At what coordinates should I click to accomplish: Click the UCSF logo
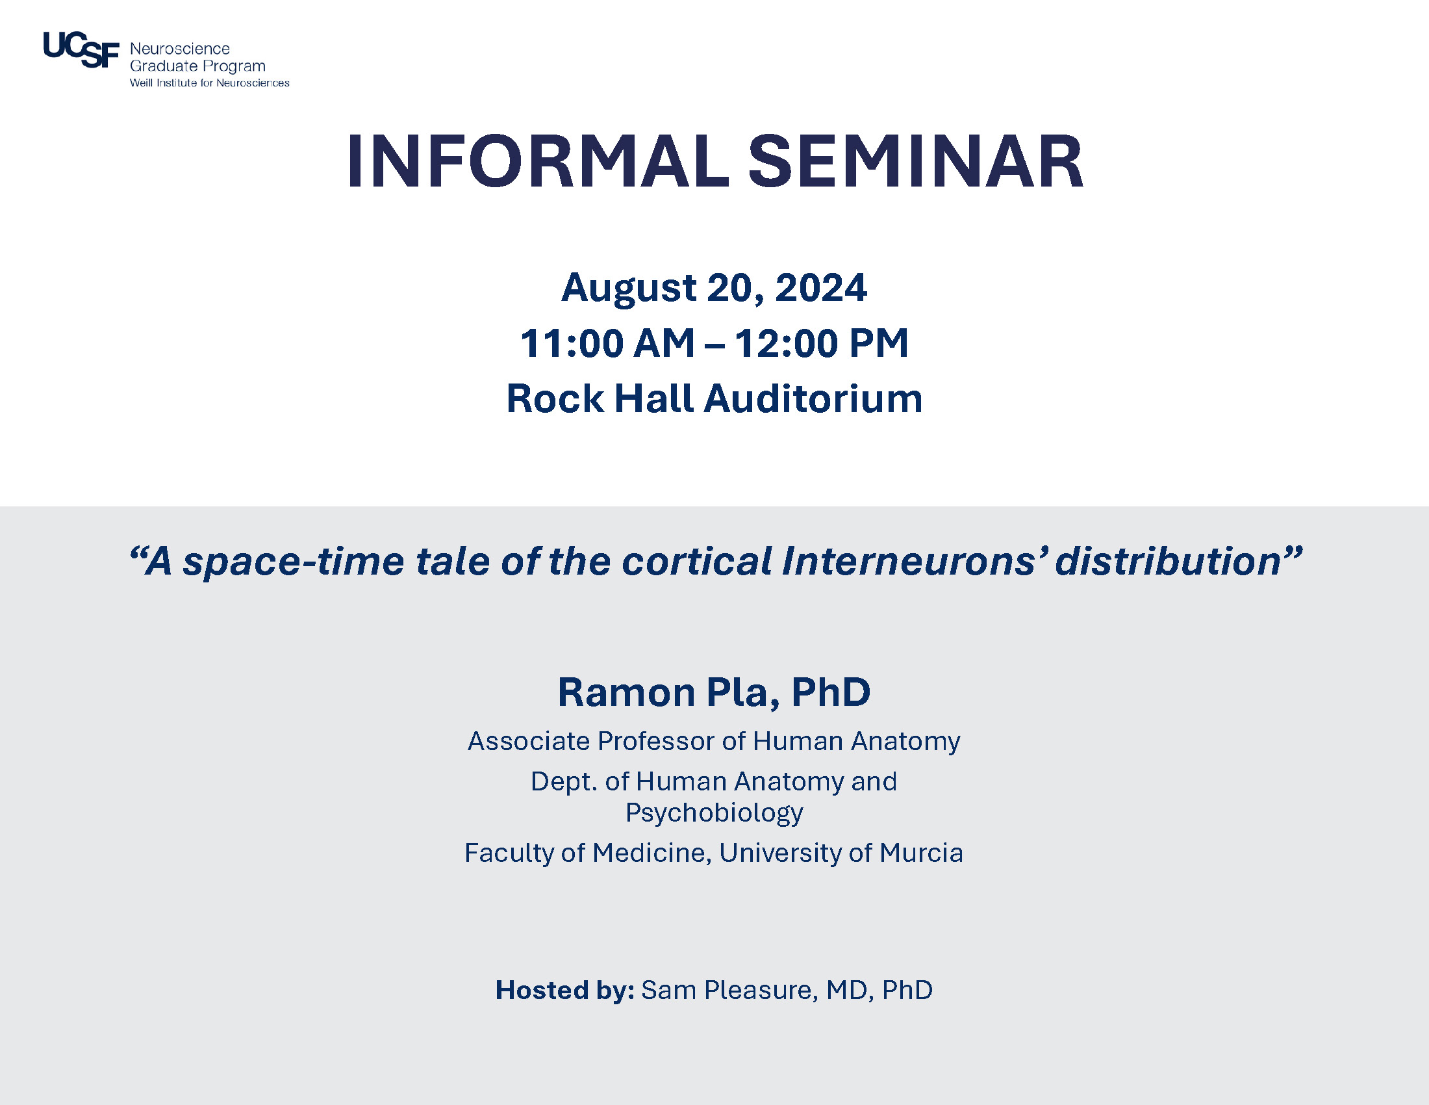tap(81, 50)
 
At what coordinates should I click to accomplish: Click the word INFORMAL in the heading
tap(538, 162)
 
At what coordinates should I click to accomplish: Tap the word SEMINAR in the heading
tap(916, 162)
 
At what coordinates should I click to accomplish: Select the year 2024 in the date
tap(820, 287)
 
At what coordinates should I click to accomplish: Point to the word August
tap(629, 289)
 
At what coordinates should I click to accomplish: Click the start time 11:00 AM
tap(607, 343)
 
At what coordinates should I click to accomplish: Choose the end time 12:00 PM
tap(821, 343)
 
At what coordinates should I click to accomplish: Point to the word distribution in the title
tap(1169, 561)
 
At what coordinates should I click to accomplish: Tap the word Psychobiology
tap(714, 813)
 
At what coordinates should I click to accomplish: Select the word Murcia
tap(921, 853)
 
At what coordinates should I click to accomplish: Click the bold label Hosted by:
tap(564, 991)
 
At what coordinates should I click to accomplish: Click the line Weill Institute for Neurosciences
tap(209, 83)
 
